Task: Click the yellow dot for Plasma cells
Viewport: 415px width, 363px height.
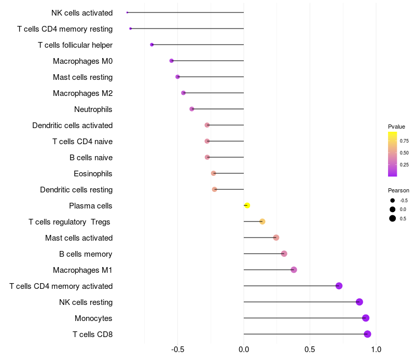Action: click(x=247, y=205)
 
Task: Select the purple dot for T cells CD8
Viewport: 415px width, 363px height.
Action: click(x=367, y=334)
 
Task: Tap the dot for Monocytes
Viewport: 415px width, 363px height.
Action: click(x=366, y=318)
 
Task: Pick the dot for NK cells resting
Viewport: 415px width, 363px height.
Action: click(x=359, y=302)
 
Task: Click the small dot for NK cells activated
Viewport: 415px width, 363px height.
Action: click(x=127, y=12)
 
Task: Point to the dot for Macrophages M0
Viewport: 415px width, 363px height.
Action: click(x=172, y=61)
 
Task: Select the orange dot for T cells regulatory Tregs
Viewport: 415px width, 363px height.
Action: click(x=262, y=221)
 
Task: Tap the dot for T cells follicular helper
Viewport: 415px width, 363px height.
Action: click(x=152, y=45)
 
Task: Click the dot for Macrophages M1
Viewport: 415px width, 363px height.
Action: click(x=294, y=270)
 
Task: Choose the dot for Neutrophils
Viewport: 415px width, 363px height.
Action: click(x=192, y=109)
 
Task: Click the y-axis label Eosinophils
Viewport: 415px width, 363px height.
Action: click(x=93, y=174)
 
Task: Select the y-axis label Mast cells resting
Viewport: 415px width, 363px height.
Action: click(x=82, y=77)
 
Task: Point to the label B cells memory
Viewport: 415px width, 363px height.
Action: click(x=86, y=254)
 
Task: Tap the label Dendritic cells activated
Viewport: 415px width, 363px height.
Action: click(x=73, y=125)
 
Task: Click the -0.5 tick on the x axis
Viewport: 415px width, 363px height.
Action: click(x=177, y=349)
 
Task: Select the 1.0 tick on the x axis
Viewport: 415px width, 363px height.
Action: click(x=376, y=349)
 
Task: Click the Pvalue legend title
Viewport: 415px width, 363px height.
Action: click(x=396, y=127)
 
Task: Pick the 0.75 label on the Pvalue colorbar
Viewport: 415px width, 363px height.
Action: click(x=404, y=141)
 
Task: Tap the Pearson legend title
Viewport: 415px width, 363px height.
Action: click(x=398, y=190)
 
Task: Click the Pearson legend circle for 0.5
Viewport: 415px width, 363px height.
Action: click(x=393, y=218)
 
